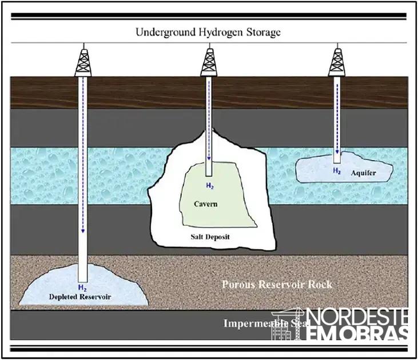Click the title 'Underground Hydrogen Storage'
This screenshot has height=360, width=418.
click(208, 32)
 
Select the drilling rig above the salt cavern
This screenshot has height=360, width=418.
click(210, 62)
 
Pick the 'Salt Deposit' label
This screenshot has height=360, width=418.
click(209, 235)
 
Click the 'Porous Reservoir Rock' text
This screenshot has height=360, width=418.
click(277, 284)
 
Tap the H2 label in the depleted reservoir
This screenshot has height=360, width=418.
click(83, 287)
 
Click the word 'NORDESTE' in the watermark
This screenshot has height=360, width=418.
click(358, 317)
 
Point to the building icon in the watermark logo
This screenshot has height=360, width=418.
click(289, 326)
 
